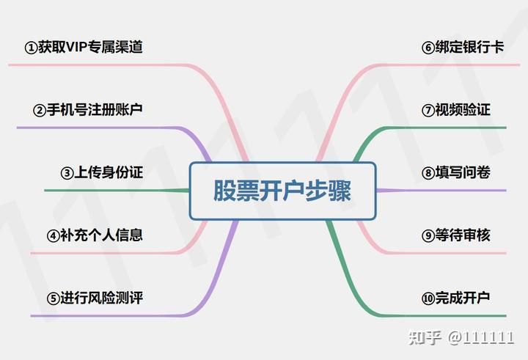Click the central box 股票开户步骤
click(282, 191)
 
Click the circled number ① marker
click(31, 48)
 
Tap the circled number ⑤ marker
click(54, 298)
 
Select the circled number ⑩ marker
click(428, 298)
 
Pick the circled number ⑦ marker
click(428, 111)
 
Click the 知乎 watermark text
click(425, 337)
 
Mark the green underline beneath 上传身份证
click(117, 191)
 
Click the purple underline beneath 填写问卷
click(441, 191)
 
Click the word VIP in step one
click(76, 47)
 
